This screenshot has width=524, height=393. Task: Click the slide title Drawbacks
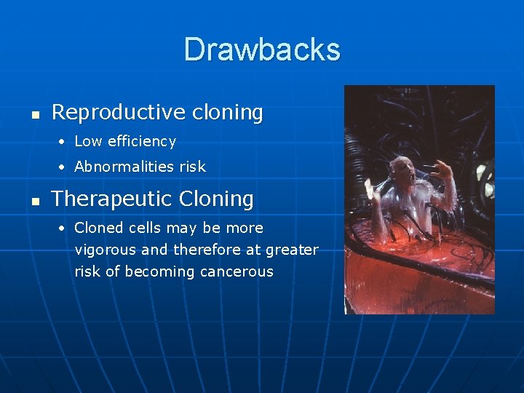coord(262,49)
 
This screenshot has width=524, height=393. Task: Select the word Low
coord(87,141)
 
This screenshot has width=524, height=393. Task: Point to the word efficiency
coord(141,141)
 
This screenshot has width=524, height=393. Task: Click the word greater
coord(293,250)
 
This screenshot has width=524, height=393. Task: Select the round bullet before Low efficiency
coord(63,142)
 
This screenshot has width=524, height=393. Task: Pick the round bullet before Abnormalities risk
coord(63,167)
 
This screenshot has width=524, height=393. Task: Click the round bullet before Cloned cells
coord(63,229)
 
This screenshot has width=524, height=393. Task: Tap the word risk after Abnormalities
coord(193,167)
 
